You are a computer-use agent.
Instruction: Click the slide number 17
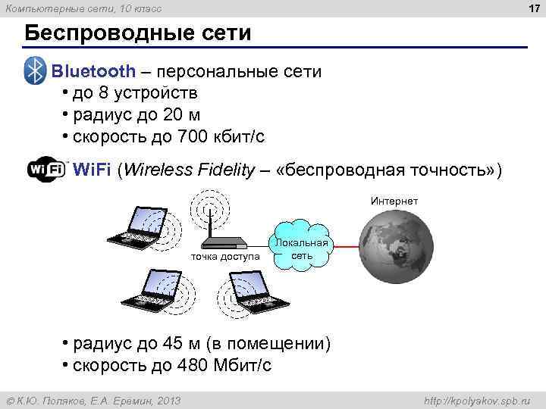(x=532, y=9)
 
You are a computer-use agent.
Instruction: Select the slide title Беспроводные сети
(x=137, y=34)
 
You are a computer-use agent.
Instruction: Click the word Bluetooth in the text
(x=93, y=72)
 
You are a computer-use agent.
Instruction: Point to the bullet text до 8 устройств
(x=135, y=93)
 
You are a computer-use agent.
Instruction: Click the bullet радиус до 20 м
(x=136, y=115)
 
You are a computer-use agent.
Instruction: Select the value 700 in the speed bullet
(x=191, y=137)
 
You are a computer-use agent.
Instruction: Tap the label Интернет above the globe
(x=394, y=201)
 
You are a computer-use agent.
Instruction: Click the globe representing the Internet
(x=395, y=247)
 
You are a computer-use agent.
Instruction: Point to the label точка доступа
(x=225, y=257)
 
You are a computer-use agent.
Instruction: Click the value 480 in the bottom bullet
(x=192, y=365)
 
